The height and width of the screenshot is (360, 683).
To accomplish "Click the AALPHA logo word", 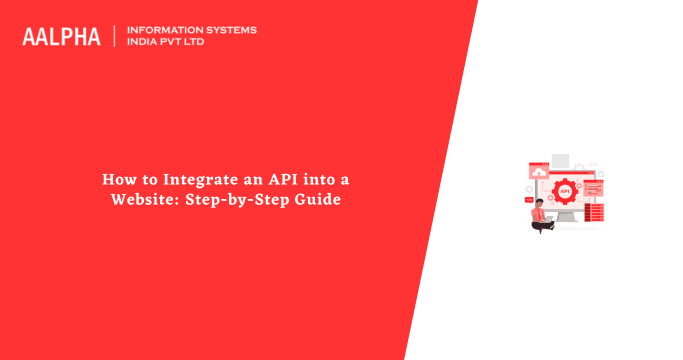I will tap(61, 37).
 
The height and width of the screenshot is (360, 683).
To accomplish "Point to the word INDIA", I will tap(145, 43).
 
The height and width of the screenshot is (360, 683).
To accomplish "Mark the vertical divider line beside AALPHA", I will tap(114, 37).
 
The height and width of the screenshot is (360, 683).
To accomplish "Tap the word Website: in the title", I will tap(145, 199).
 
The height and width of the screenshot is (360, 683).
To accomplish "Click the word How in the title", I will tap(116, 179).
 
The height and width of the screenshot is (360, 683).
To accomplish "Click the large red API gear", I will tap(565, 191).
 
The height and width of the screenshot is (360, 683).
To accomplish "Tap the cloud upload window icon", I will tap(538, 172).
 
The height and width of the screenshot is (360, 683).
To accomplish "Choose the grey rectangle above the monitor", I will tap(561, 160).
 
